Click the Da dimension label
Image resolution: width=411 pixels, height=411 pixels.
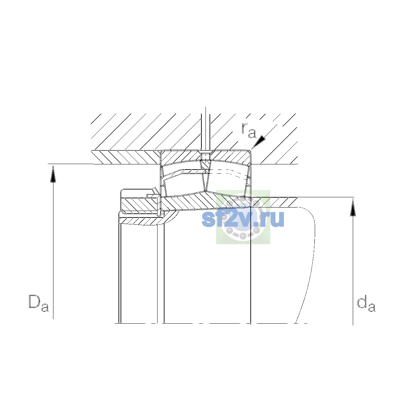[x=39, y=303]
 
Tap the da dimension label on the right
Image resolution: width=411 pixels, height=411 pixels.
[x=366, y=303]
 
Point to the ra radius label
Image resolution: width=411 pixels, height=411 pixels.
[x=248, y=130]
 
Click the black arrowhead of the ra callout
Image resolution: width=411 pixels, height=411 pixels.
[x=259, y=142]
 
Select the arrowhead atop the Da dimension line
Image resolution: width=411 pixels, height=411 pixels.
[x=53, y=174]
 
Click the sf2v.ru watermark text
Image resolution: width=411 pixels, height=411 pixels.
[x=243, y=219]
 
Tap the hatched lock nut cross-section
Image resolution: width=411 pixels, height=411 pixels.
[x=140, y=204]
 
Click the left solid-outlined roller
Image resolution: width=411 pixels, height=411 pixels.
[x=184, y=183]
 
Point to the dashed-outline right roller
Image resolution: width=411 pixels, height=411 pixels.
[x=228, y=183]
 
